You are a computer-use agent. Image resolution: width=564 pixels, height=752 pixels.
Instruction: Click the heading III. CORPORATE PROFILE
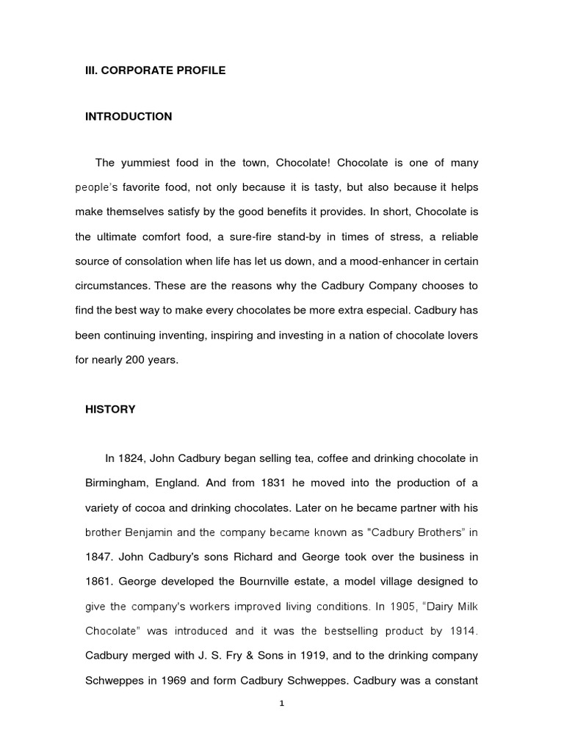click(x=156, y=70)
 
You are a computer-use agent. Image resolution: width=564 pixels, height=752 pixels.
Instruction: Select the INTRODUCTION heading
click(x=129, y=117)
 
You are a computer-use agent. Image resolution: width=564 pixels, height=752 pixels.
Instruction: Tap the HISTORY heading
click(x=110, y=409)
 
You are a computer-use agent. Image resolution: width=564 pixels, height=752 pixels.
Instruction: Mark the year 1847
click(x=99, y=557)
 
